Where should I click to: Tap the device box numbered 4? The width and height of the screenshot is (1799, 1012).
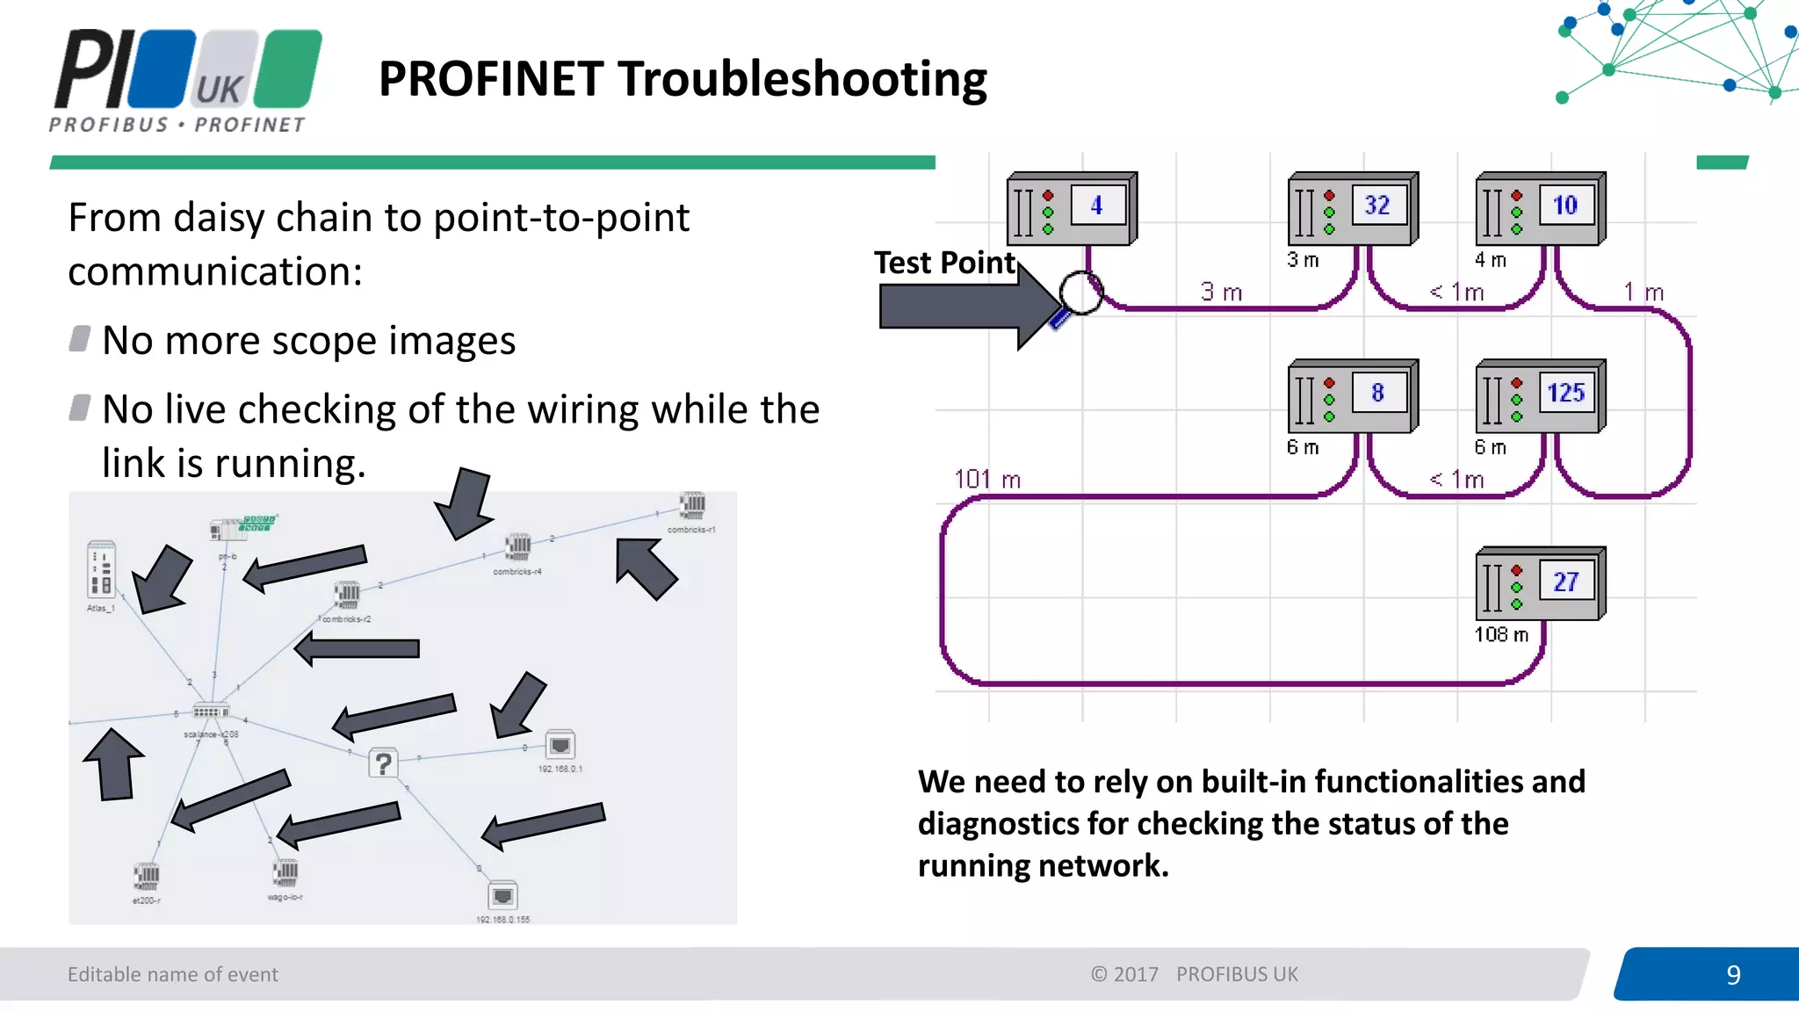1072,208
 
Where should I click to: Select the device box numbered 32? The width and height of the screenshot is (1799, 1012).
1353,208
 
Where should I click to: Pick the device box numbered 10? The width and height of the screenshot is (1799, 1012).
1541,208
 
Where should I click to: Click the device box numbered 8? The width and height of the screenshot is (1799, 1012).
1353,395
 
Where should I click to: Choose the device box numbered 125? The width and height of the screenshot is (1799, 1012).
1541,395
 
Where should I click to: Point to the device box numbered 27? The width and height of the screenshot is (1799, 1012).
1541,583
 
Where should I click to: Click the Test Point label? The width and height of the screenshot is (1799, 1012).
944,263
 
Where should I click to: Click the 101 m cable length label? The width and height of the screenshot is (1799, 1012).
987,480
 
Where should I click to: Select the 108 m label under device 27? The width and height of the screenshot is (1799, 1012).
1501,634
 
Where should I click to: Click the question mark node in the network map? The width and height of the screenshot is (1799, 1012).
383,763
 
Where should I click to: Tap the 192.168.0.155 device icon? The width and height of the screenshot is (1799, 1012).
502,896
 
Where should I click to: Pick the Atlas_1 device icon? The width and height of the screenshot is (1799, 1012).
101,569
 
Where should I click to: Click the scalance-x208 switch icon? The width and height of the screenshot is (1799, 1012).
211,712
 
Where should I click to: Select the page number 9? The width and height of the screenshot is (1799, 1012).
1732,974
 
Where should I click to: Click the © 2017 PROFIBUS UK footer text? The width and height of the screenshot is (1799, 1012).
1194,974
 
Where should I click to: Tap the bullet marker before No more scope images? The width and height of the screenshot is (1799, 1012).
80,339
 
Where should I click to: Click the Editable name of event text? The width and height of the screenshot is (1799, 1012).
172,974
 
